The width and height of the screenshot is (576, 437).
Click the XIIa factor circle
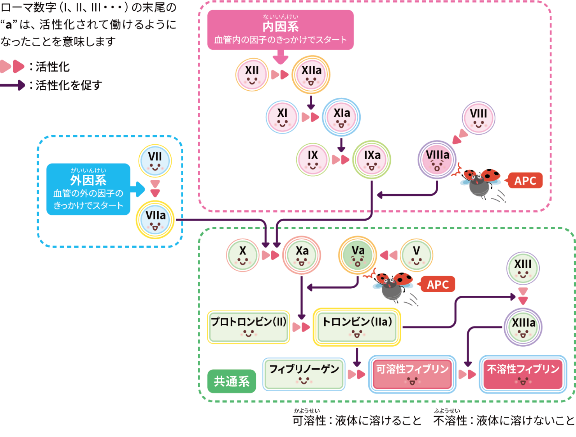tap(311, 75)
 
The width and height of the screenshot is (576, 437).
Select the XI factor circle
tap(283, 117)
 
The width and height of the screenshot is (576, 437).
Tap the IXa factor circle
tap(372, 160)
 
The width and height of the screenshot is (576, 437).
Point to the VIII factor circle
tap(478, 118)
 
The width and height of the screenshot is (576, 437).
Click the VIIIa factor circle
tap(437, 160)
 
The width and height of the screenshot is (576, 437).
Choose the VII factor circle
tap(155, 160)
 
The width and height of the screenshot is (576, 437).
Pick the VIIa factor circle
tap(155, 220)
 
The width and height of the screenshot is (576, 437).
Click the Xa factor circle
tap(302, 255)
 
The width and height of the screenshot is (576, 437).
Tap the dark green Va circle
tap(358, 255)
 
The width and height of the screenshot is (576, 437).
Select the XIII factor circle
tap(523, 269)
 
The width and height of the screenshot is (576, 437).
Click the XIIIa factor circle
tap(523, 327)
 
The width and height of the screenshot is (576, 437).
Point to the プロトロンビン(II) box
tap(248, 327)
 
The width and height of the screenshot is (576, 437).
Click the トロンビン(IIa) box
tap(357, 327)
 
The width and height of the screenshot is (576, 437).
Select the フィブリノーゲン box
tap(304, 374)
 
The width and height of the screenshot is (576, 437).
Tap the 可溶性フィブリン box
tap(412, 374)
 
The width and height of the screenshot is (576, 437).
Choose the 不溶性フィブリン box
tap(523, 374)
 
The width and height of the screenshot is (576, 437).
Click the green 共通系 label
tap(232, 381)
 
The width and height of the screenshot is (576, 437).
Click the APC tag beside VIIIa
tap(525, 181)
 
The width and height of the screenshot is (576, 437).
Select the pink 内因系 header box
tap(280, 30)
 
